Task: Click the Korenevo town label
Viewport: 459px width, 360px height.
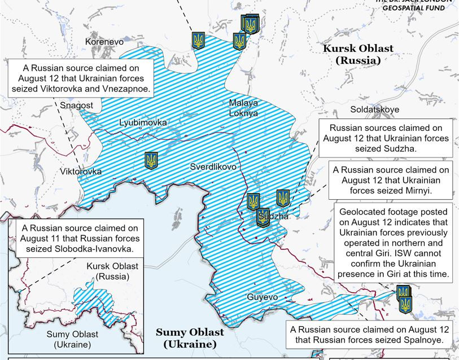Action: coord(104,41)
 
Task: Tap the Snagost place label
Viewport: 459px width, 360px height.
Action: coord(77,105)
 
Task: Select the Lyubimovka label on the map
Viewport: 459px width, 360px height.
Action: coord(143,122)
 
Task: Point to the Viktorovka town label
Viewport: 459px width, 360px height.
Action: coord(81,171)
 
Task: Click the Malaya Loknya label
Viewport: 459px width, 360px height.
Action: coord(243,108)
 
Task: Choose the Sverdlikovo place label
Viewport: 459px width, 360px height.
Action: coord(213,167)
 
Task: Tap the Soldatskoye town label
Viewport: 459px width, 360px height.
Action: coord(374,109)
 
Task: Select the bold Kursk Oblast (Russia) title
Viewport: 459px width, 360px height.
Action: coord(358,54)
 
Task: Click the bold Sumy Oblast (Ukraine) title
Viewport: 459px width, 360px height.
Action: coord(190,337)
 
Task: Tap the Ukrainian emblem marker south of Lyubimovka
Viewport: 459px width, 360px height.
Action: coord(151,160)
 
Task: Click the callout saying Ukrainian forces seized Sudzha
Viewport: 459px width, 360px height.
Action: coord(386,138)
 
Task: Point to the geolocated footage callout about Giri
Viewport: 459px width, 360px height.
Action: coord(394,243)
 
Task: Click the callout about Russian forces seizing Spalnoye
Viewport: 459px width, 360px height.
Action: coord(370,335)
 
